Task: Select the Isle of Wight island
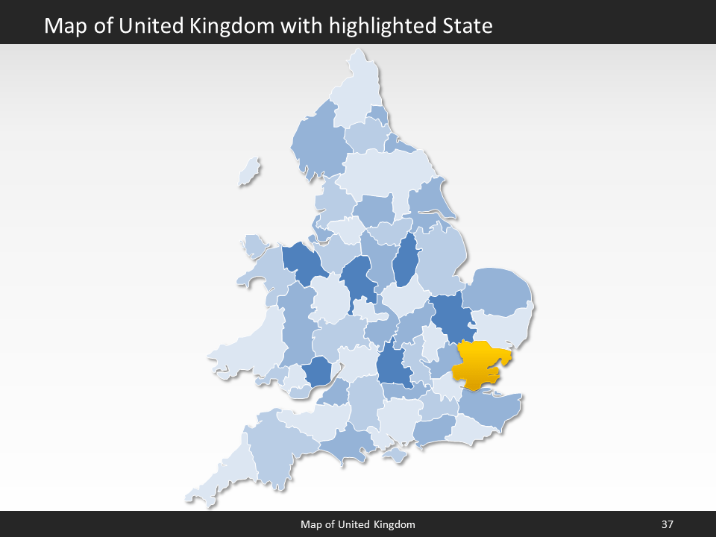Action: coord(395,453)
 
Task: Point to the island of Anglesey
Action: coord(254,245)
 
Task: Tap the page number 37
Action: coord(667,524)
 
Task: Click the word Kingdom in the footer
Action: coord(392,524)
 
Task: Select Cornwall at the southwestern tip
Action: coord(224,474)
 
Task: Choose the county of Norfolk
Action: coord(497,291)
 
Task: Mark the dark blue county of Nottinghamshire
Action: coord(405,261)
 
